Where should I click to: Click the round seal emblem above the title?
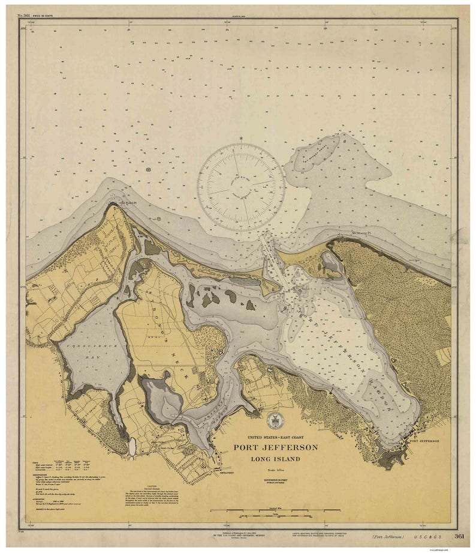click(x=273, y=421)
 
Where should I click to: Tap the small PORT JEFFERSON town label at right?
click(x=424, y=440)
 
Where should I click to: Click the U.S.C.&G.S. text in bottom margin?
click(x=421, y=537)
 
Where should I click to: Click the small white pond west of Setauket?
click(x=131, y=446)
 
